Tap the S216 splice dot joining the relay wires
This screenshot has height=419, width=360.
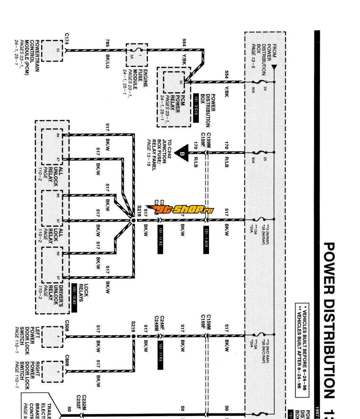(x=133, y=220)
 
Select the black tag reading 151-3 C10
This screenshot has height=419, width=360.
(x=196, y=107)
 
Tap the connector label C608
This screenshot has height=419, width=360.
(x=67, y=360)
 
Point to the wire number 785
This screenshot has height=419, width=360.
(x=107, y=43)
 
